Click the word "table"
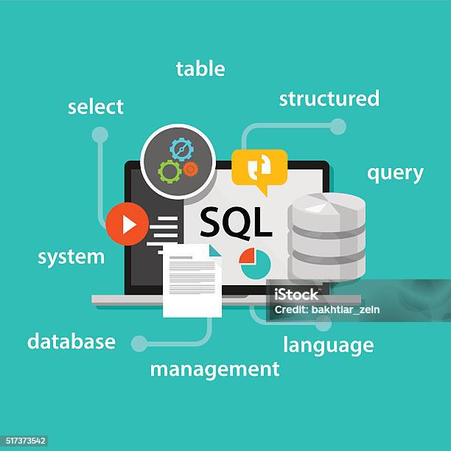(x=200, y=69)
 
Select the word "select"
(x=96, y=107)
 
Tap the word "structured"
(x=329, y=99)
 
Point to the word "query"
(x=395, y=173)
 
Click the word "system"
(x=71, y=257)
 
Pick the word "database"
(x=71, y=342)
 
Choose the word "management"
(x=214, y=368)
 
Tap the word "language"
(x=328, y=345)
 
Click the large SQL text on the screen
(x=236, y=222)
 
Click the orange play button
(x=127, y=224)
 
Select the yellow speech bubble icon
(x=259, y=169)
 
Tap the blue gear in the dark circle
(x=181, y=150)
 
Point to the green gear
(x=169, y=172)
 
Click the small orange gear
(x=190, y=169)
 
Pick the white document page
(x=192, y=281)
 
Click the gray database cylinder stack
(x=326, y=236)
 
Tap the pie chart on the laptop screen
(x=255, y=263)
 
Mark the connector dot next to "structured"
(x=338, y=127)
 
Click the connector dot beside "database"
(x=139, y=343)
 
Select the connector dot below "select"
(x=99, y=135)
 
